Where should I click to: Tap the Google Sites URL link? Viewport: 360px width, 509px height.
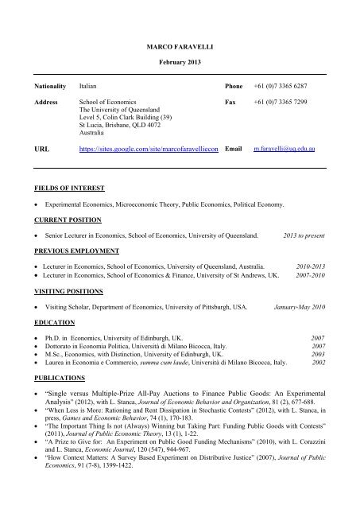pos(149,148)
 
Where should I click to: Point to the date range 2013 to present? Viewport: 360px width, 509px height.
pos(303,236)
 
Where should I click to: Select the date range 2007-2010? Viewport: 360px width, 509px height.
pos(309,275)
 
